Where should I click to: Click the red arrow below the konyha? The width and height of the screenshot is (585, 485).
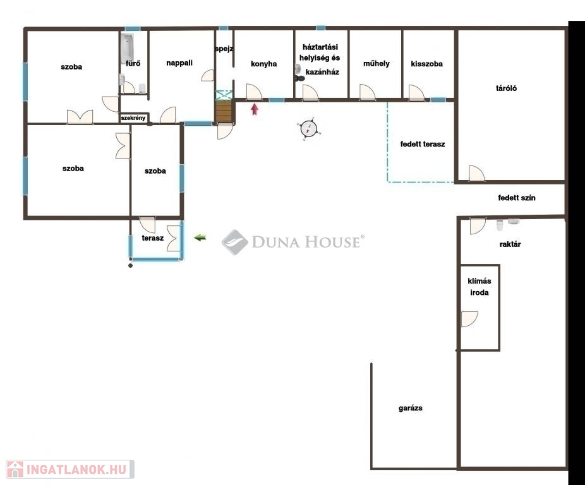coord(255,109)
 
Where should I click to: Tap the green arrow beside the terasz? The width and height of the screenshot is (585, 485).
coord(200,237)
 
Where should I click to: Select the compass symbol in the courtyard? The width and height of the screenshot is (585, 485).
coord(308,129)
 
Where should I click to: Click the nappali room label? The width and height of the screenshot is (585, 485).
coord(179,63)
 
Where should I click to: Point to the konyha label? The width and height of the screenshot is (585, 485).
coord(264,64)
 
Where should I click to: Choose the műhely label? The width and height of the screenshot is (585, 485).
coord(377,63)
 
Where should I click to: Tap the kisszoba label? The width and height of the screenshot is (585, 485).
coord(427,64)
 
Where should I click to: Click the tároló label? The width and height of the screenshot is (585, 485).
coord(506,88)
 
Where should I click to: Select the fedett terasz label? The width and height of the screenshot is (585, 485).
coord(423,144)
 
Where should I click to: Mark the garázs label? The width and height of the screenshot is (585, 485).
coord(411,408)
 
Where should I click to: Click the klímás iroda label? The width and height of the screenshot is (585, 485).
coord(479,287)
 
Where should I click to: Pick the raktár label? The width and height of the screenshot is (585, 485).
coord(510,244)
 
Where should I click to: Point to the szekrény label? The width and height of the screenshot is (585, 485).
coord(133,118)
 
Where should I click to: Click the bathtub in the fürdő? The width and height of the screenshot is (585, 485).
coord(127,48)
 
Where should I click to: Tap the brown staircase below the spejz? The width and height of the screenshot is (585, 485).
coord(224,111)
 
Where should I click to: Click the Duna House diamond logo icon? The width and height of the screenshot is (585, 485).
coord(234,242)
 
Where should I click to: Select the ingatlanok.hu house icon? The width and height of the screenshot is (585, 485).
coord(15,469)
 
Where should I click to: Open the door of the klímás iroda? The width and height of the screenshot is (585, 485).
coord(469,319)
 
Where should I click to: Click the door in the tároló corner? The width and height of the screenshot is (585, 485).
coord(476,173)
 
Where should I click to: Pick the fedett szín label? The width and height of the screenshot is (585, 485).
coord(517,198)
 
